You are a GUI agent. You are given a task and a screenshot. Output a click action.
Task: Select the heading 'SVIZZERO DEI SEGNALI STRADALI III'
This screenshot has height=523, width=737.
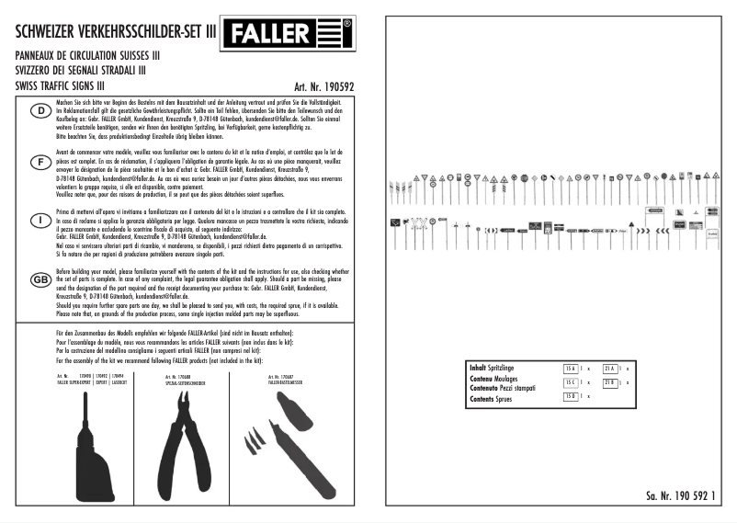[x=81, y=70]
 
